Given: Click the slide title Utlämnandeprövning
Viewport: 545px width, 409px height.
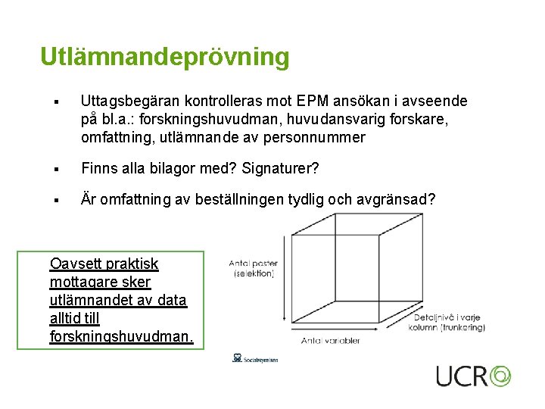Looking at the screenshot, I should click(164, 57).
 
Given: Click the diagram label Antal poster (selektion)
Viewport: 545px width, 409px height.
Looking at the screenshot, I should click(252, 268).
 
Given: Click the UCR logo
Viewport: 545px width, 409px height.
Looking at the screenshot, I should click(473, 376).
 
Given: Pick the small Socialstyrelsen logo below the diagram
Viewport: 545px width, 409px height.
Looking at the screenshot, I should click(255, 358).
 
